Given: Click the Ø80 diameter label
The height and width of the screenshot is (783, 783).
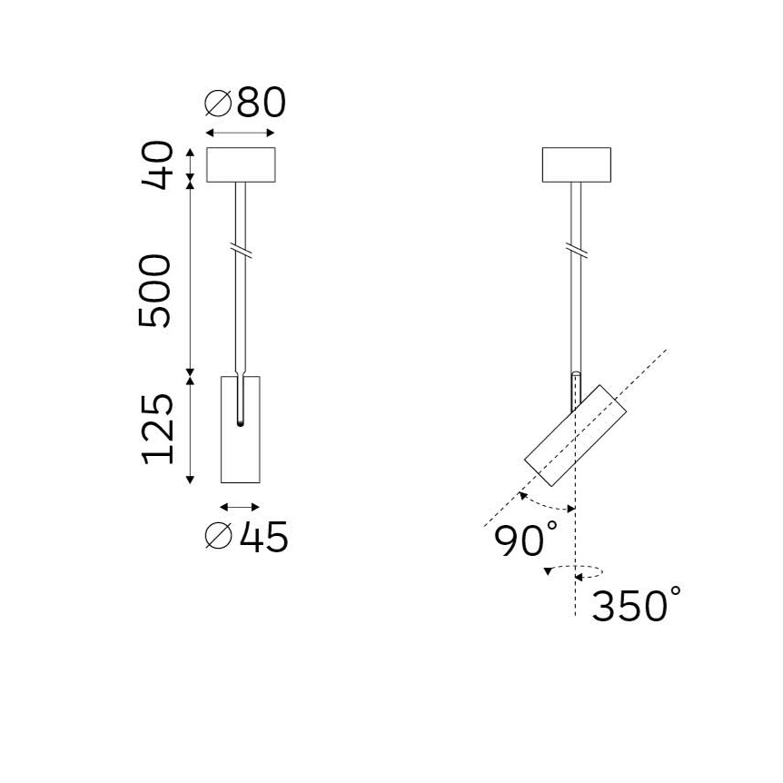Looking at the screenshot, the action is pos(245,103).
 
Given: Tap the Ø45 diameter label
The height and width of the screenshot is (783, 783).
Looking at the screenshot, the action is pos(247,536).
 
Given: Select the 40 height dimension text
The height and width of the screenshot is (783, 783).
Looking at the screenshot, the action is pos(157,164).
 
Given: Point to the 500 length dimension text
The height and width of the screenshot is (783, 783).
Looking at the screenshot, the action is pos(154,291).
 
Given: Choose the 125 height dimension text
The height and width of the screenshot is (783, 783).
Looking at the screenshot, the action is pos(158,430).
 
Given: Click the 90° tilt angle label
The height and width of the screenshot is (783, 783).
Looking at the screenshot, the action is pos(525,539).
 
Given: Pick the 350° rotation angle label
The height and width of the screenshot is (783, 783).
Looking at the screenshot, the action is pos(636,604).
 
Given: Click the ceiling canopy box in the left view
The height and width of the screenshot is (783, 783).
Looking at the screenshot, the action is pos(241,164).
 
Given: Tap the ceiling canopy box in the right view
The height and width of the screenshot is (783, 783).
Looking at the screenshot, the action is pos(576,164).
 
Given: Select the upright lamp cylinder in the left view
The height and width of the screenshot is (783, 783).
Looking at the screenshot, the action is pos(240,430).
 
